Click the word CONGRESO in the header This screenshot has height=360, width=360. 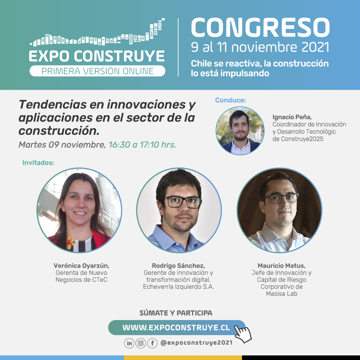(x=260, y=28)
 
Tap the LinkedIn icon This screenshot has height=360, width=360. (x=129, y=343)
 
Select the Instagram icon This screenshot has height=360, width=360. (x=141, y=343)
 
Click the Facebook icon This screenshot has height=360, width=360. (x=152, y=343)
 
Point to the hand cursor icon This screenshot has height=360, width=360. (x=242, y=332)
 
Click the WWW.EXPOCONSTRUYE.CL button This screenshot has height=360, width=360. (x=176, y=328)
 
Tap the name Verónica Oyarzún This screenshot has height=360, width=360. (x=82, y=266)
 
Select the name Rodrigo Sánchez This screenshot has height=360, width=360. (x=179, y=266)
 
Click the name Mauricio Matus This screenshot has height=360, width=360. (x=281, y=266)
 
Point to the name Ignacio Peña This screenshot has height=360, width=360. (x=292, y=117)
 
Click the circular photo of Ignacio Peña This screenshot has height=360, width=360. (x=240, y=131)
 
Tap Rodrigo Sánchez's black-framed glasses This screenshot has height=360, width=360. (x=182, y=202)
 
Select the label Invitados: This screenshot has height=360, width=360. (x=38, y=163)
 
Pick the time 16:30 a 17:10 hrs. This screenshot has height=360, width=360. (x=142, y=145)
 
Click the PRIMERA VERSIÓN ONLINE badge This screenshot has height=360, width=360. (x=97, y=71)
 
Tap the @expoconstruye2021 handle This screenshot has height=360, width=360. (x=196, y=343)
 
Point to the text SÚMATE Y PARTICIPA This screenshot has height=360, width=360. (x=176, y=313)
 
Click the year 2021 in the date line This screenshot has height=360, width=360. (x=315, y=47)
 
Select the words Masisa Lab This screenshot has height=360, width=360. (x=281, y=294)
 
